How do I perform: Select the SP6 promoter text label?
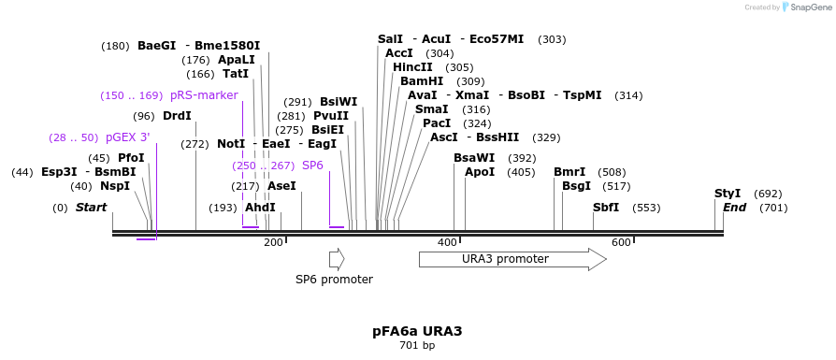click(334, 280)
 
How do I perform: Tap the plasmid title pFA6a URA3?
click(417, 331)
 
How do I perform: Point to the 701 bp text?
click(417, 346)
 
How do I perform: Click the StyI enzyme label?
click(728, 194)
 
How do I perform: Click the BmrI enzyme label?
click(569, 172)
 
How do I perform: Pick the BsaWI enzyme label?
click(474, 158)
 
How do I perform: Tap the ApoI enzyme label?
click(480, 172)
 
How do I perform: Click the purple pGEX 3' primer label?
click(127, 137)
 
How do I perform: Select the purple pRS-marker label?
click(204, 95)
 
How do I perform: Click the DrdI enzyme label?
click(177, 116)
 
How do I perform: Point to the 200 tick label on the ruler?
click(273, 243)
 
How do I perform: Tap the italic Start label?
click(91, 208)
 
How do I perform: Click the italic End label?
click(734, 208)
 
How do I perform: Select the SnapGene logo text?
click(805, 7)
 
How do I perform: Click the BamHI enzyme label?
click(422, 81)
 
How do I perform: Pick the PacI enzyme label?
click(437, 123)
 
